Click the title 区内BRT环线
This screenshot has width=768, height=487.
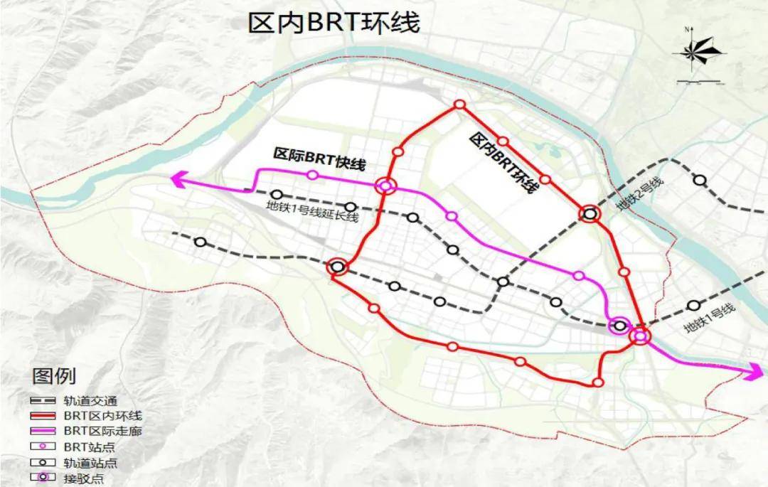click(x=334, y=23)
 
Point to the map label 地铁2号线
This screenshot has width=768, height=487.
click(x=639, y=193)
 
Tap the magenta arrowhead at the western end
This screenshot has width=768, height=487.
click(x=178, y=182)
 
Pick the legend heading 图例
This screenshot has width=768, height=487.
click(x=54, y=375)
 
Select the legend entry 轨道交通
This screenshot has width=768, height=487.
click(x=96, y=401)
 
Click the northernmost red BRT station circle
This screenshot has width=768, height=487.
click(x=459, y=105)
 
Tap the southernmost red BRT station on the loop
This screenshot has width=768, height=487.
click(x=598, y=382)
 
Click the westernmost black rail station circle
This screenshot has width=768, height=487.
click(x=201, y=242)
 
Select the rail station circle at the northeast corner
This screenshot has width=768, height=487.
click(x=700, y=181)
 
